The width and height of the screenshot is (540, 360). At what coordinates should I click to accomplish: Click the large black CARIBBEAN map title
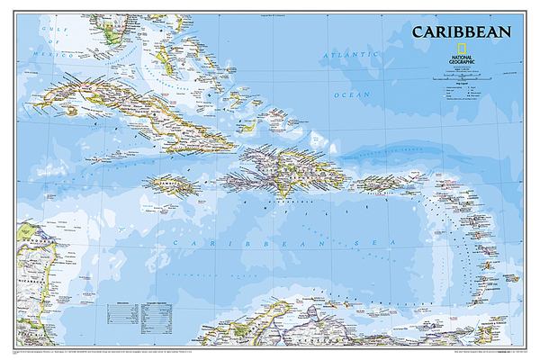pyautogui.click(x=461, y=31)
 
